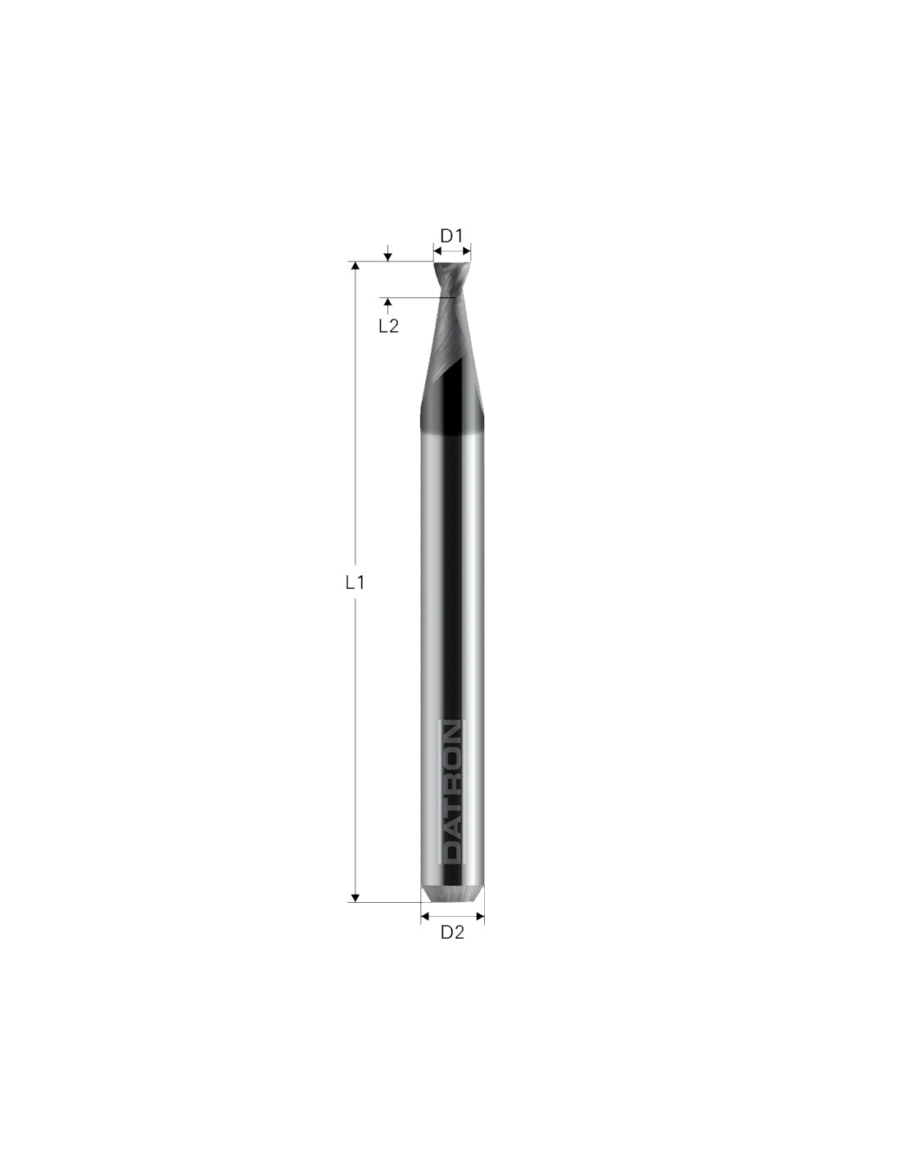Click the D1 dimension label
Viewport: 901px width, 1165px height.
pos(450,235)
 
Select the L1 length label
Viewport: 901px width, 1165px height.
pos(355,582)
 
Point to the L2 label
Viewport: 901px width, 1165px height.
pos(388,326)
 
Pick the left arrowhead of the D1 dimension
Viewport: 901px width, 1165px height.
pos(437,251)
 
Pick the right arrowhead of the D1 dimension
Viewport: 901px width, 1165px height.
pos(466,251)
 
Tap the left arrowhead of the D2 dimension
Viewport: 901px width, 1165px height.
pos(425,917)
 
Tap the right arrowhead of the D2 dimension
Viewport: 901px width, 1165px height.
pos(480,917)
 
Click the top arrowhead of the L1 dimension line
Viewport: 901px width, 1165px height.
pos(355,266)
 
